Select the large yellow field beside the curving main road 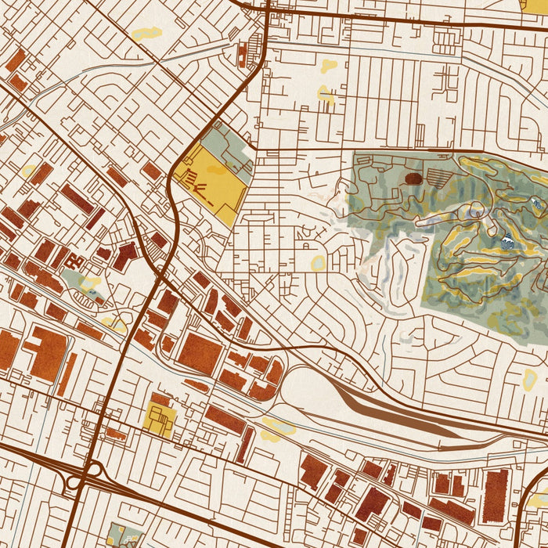click(x=211, y=182)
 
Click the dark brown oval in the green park click(x=413, y=178)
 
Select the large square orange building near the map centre click(x=200, y=353)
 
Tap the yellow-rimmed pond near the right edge click(x=530, y=380)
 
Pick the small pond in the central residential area click(x=319, y=263)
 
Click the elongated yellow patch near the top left click(x=146, y=34)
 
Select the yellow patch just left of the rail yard click(x=279, y=427)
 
